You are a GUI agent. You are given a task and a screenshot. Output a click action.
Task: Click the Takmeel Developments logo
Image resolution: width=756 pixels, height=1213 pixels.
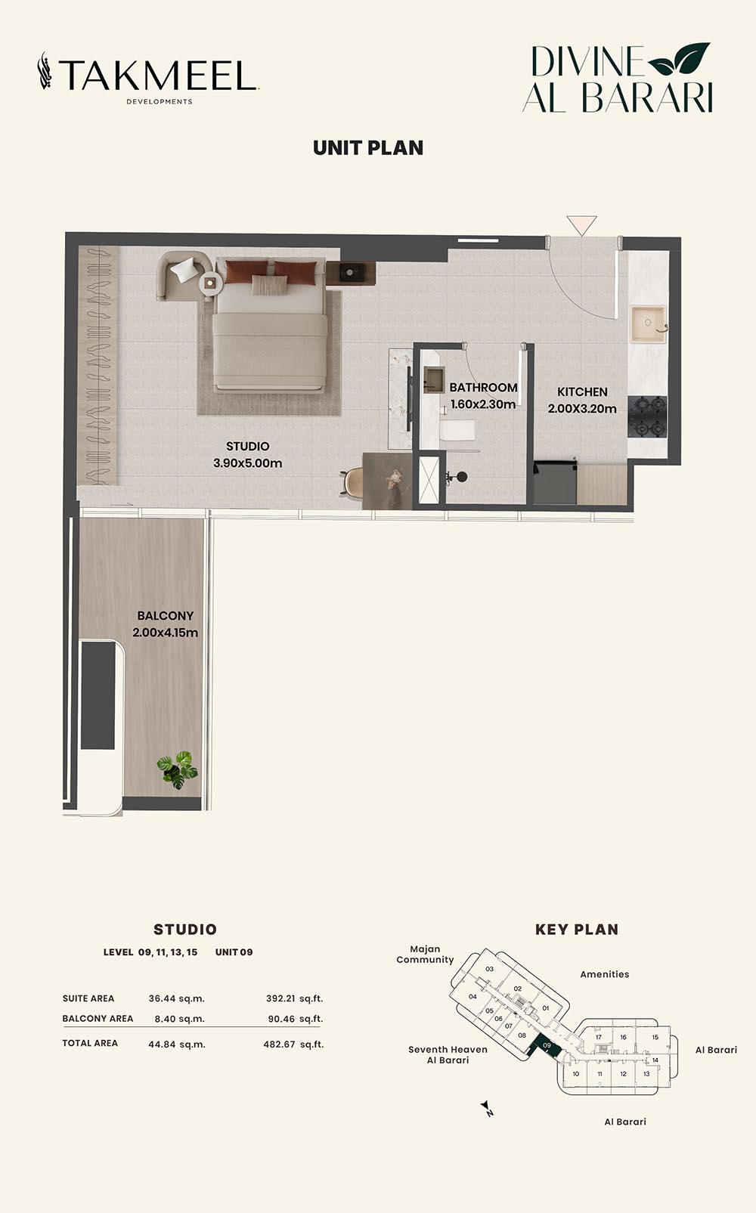coord(148,78)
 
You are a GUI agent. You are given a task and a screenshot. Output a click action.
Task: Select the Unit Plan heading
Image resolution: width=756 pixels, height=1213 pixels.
coord(368,148)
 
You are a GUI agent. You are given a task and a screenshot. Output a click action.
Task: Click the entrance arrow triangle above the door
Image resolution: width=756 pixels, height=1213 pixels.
coord(581,225)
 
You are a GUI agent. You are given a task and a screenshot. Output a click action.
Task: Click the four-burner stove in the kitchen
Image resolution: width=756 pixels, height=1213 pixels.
coord(647,416)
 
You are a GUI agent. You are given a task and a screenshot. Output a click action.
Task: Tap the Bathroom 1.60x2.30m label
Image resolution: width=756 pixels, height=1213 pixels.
coord(483,396)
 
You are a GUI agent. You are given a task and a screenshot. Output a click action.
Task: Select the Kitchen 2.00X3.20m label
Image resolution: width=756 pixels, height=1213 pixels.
coord(582,401)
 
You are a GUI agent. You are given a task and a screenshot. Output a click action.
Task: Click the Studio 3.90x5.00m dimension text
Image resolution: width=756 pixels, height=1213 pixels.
coord(247,455)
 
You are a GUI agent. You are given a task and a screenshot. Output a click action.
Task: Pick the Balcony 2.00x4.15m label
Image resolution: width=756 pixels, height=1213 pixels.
coord(165,624)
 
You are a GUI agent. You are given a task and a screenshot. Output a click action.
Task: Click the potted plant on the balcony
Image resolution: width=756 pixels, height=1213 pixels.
coord(178,769)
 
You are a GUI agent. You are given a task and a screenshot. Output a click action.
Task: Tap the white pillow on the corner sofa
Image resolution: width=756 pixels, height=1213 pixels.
coord(184,269)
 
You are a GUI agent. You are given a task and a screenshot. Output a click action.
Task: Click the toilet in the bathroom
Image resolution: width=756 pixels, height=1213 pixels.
coord(457,430)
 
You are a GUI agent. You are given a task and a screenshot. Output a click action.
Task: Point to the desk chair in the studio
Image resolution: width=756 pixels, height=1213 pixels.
coord(352,481)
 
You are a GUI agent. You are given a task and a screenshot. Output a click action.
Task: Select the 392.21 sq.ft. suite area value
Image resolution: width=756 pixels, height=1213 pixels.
coord(294,998)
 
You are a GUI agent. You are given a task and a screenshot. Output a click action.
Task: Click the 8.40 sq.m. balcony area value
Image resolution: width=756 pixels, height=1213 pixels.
coord(179,1019)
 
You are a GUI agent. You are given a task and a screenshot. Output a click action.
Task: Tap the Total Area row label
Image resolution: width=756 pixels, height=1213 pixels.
coord(90,1043)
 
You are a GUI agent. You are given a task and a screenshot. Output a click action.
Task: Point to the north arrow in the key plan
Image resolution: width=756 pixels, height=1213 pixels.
coord(487,1109)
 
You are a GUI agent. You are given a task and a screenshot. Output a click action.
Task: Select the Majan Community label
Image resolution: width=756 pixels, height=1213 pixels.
coord(425,955)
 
